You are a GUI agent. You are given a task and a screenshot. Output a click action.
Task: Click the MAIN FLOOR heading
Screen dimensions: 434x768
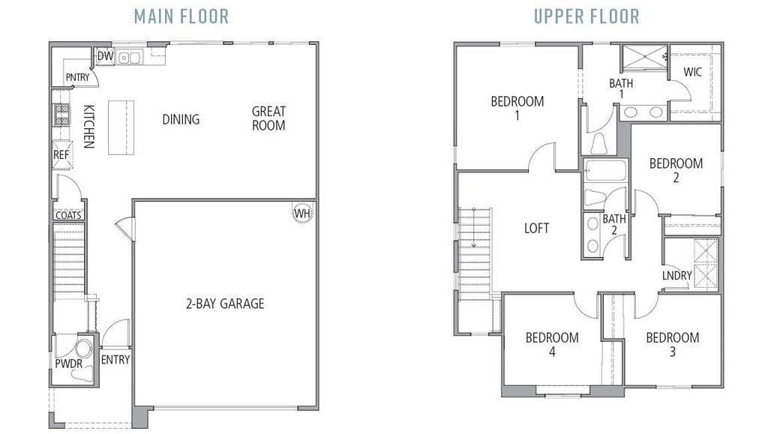pos(181,16)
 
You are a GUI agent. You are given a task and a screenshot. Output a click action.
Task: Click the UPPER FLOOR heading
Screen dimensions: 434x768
pos(586,16)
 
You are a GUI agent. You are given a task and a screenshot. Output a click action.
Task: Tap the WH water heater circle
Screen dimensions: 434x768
pos(302,213)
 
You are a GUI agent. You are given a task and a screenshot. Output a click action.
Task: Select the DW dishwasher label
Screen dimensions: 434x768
pos(105,56)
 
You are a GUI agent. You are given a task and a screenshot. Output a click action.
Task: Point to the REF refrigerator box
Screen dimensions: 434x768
pos(61,155)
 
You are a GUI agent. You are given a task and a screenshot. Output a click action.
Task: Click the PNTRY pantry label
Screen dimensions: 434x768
pos(77,77)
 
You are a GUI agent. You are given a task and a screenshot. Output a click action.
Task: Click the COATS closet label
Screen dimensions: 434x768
pos(68,215)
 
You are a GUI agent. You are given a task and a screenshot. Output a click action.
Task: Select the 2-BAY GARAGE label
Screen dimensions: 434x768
pos(225,304)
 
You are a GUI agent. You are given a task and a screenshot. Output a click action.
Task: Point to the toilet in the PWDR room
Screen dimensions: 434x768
pos(84,349)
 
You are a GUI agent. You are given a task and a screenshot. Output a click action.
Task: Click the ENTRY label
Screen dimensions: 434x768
pos(115,360)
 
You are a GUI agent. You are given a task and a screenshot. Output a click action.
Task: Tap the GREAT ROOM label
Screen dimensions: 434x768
pos(268,118)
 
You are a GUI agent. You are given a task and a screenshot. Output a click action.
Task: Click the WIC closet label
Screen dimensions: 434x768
pos(692,73)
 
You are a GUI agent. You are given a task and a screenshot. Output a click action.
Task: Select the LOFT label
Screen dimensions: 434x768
pos(536,228)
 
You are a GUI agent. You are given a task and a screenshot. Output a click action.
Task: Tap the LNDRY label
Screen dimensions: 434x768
pos(676,276)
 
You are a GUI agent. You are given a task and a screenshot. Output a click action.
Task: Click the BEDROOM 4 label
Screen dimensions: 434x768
pos(552,344)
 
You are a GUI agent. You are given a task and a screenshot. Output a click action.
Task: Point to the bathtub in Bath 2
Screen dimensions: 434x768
pos(604,171)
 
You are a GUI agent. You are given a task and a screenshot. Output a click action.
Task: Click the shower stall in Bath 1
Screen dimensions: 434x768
pos(643,57)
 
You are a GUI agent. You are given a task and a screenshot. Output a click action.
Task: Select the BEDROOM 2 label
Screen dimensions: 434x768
pos(676,170)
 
